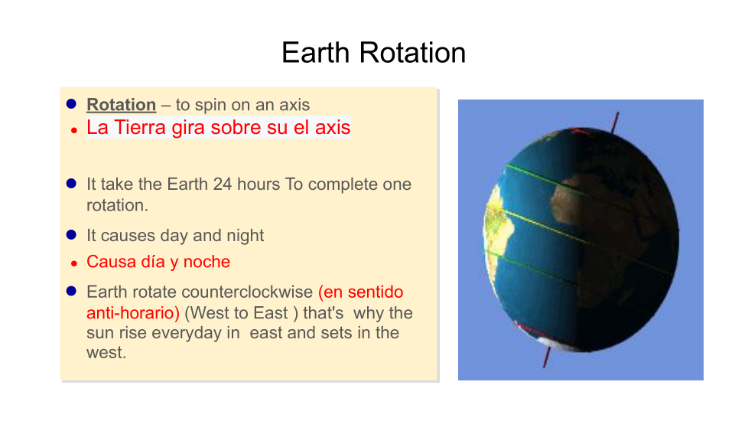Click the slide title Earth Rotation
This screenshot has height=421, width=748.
pyautogui.click(x=373, y=53)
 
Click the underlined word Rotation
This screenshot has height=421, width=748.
pyautogui.click(x=121, y=105)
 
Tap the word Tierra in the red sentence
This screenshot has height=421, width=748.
pyautogui.click(x=140, y=127)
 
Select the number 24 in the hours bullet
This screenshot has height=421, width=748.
pyautogui.click(x=223, y=184)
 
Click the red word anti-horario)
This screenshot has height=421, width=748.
pyautogui.click(x=133, y=312)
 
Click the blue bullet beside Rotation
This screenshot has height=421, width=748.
pyautogui.click(x=72, y=104)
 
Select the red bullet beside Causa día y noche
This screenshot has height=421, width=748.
pyautogui.click(x=74, y=263)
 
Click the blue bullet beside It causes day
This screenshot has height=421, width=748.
pyautogui.click(x=72, y=235)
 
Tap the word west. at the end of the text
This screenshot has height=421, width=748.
pyautogui.click(x=106, y=353)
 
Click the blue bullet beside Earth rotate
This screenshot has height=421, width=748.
pyautogui.click(x=72, y=291)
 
